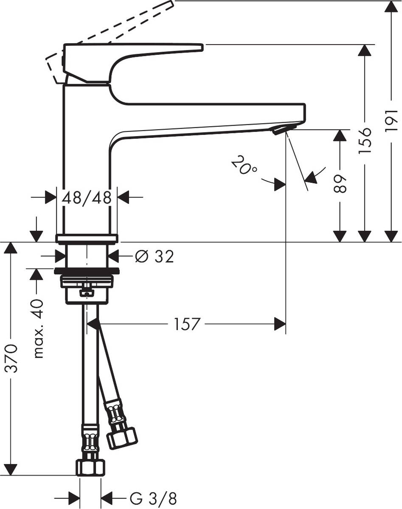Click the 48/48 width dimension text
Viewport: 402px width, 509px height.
[87, 197]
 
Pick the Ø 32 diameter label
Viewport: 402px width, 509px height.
[154, 256]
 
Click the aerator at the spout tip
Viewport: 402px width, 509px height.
[282, 130]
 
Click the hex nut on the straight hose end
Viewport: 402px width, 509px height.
[90, 467]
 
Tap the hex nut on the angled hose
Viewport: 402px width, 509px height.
[121, 437]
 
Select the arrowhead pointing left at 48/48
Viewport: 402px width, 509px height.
[124, 197]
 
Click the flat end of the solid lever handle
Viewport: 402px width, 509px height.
[200, 47]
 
